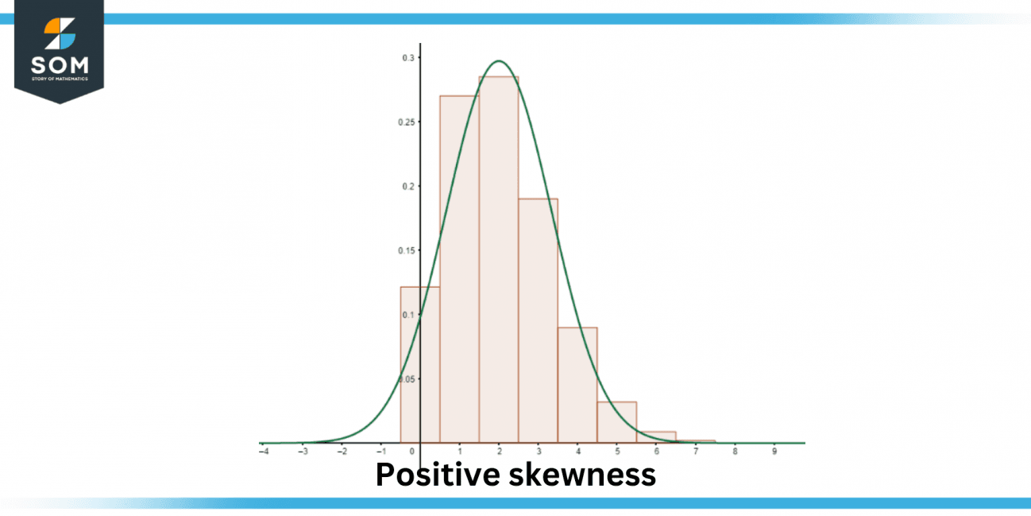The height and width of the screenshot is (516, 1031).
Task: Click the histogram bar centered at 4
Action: [x=577, y=385]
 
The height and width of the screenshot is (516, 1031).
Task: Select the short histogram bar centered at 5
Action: [x=616, y=422]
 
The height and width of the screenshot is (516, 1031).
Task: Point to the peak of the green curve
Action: [x=499, y=61]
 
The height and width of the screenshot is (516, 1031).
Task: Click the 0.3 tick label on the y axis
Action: [x=407, y=58]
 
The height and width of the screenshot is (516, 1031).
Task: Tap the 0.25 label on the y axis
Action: [x=405, y=122]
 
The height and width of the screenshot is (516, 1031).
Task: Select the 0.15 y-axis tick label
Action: [x=405, y=250]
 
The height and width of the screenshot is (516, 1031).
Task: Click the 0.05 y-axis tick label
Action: [x=405, y=379]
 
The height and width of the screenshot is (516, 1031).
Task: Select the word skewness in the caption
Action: [x=579, y=475]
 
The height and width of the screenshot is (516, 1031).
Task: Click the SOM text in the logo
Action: [x=60, y=65]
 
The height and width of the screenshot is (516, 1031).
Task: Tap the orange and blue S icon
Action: [x=60, y=33]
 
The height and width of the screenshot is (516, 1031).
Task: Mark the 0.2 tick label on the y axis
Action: [x=407, y=186]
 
